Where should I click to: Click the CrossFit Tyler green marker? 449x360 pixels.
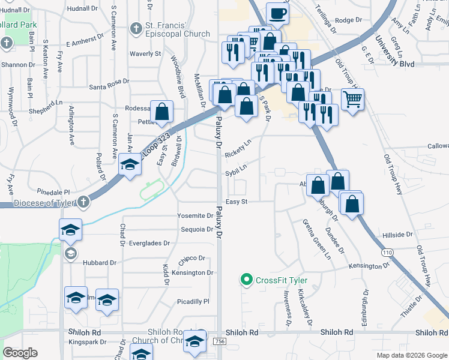click(246, 280)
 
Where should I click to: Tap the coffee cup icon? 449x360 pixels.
click(277, 13)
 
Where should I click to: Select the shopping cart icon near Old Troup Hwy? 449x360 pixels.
click(352, 98)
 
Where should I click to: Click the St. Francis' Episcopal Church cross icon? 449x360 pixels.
click(136, 28)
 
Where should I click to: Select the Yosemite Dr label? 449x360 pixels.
click(195, 215)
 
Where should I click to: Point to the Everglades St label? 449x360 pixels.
click(149, 244)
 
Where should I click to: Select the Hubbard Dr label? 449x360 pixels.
click(100, 263)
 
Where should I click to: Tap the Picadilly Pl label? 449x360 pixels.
click(193, 301)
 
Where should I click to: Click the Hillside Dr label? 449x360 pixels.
click(397, 235)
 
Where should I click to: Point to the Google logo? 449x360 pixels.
click(20, 353)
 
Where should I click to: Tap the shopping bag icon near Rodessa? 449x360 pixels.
click(162, 111)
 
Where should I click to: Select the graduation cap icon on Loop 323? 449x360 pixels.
click(129, 164)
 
